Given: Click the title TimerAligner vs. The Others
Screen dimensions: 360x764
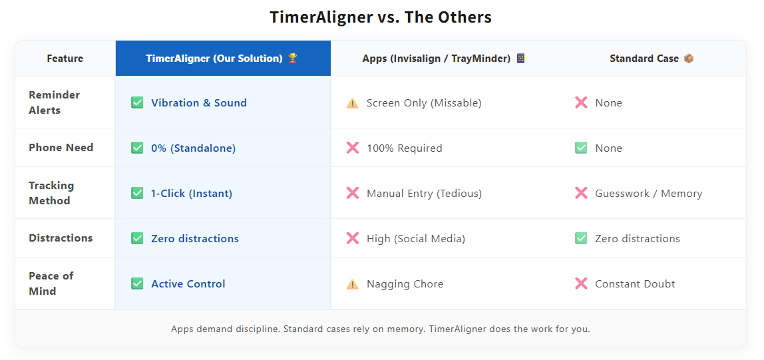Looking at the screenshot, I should (x=381, y=17).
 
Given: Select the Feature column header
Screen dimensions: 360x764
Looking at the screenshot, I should (x=65, y=59).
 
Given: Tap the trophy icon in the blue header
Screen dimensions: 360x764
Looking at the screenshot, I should (x=293, y=59).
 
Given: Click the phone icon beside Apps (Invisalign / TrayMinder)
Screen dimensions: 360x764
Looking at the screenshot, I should (x=520, y=59).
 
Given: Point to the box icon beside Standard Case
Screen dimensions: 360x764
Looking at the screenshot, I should (x=689, y=59).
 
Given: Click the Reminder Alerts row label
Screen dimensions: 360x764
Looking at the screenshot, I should (x=55, y=102).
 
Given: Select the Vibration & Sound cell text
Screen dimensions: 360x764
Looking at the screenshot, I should (x=199, y=102).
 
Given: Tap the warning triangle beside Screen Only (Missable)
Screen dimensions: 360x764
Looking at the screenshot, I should (x=353, y=103).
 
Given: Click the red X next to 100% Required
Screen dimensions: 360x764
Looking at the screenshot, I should (x=353, y=148).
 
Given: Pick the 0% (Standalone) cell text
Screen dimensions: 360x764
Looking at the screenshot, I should (x=193, y=148).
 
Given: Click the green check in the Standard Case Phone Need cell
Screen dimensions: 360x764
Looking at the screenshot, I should (x=581, y=148).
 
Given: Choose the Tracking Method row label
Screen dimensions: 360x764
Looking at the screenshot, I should (x=51, y=193).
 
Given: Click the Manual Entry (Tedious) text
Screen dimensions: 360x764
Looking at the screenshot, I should (x=424, y=194).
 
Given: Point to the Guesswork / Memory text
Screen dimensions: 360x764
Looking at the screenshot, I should (x=648, y=194).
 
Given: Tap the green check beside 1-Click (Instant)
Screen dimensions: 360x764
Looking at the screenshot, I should (x=137, y=193).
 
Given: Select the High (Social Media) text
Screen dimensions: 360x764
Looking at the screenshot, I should (x=416, y=238).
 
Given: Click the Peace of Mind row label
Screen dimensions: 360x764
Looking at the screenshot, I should (x=51, y=283).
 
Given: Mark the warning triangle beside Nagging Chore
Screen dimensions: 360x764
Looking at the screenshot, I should (x=353, y=284).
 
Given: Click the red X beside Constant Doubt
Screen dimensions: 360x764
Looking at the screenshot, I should (x=581, y=283).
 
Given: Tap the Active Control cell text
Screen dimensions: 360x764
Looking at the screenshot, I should (x=188, y=283).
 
